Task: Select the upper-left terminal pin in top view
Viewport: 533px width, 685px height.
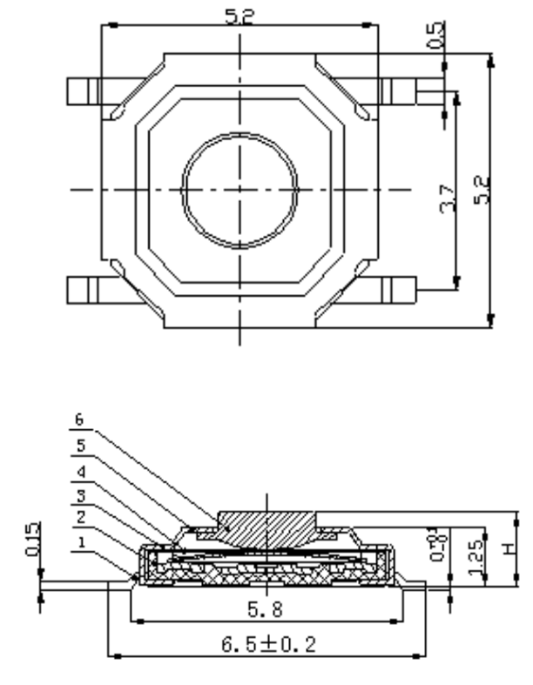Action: (84, 91)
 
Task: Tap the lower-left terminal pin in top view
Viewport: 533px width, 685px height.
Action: (84, 288)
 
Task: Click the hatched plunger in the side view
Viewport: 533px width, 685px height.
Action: (266, 527)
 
